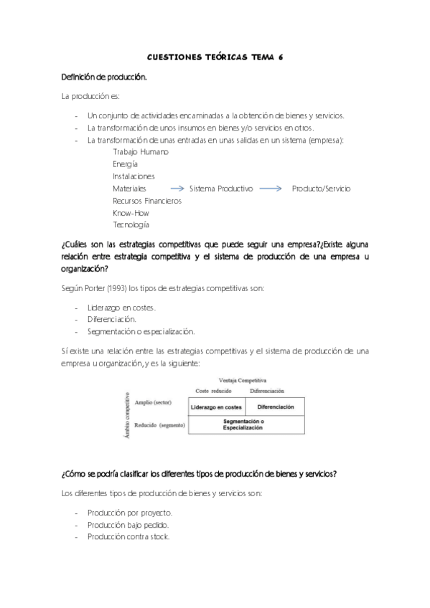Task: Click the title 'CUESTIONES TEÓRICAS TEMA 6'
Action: point(215,57)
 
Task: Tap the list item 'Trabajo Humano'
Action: point(141,152)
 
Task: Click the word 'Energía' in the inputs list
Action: point(126,164)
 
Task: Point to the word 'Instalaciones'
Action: point(134,176)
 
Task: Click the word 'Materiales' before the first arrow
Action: point(129,189)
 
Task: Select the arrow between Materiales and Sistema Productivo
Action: point(172,189)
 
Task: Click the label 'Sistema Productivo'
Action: point(221,189)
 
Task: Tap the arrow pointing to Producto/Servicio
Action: point(271,189)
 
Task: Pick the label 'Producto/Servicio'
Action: point(321,189)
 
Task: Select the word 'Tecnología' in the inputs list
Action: point(131,225)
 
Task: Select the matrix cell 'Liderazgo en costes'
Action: point(215,407)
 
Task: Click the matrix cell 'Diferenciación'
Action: point(276,407)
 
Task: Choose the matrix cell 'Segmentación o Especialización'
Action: point(244,424)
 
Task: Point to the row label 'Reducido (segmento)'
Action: point(160,425)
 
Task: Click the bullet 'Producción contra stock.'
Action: point(128,537)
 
